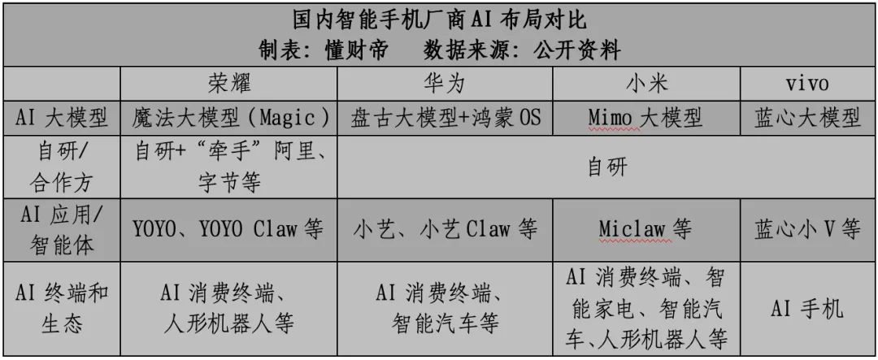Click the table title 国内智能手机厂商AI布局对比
439,19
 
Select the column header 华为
445,85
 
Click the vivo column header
807,85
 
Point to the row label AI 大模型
63,119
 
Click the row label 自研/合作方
63,167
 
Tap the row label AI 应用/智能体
63,228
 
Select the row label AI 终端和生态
63,308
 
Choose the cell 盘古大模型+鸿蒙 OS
445,119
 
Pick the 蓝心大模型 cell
807,119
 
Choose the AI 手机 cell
807,309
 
